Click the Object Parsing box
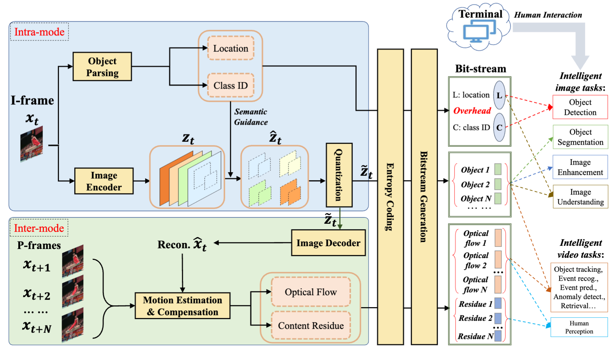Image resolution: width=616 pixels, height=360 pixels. click(102, 67)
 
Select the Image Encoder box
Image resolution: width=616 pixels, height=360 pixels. click(104, 181)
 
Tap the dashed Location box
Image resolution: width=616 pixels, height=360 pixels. click(231, 48)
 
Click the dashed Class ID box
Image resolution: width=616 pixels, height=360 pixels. click(231, 85)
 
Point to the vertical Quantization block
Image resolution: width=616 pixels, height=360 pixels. click(338, 175)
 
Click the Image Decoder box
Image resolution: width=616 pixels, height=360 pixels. click(328, 243)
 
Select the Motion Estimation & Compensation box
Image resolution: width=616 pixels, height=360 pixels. click(182, 306)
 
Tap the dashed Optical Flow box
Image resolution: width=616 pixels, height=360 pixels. click(310, 292)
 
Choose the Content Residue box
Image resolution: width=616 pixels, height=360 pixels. click(310, 325)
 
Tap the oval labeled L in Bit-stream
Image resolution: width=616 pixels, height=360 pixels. click(499, 95)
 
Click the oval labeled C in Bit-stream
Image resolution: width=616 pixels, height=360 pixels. click(499, 127)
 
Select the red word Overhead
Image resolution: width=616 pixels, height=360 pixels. click(472, 111)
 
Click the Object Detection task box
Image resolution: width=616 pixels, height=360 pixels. click(580, 107)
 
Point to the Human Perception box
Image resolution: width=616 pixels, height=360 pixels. click(579, 327)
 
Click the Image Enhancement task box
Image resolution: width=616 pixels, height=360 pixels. click(580, 167)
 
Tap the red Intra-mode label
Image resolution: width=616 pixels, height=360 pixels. click(39, 32)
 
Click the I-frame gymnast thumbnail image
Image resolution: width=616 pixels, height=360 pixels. click(32, 144)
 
